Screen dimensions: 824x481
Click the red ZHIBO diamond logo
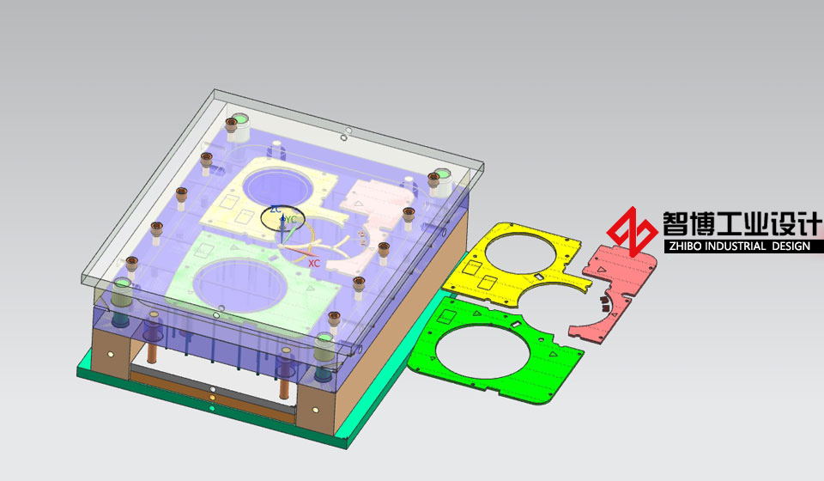(632, 231)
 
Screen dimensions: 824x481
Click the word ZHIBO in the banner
(683, 246)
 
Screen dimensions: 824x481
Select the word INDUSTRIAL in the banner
(734, 246)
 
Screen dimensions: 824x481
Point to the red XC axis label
(314, 264)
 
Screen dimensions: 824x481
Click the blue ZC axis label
(276, 210)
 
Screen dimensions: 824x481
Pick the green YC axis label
(291, 220)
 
